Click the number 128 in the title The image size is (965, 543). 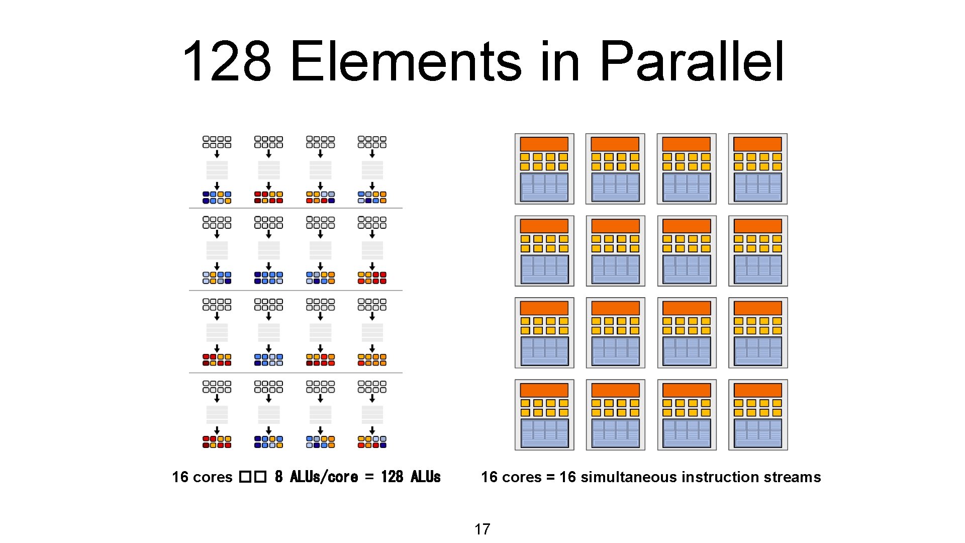coord(227,61)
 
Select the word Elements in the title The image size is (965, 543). coord(406,61)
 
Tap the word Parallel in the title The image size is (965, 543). coord(692,61)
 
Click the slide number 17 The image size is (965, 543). coord(482,529)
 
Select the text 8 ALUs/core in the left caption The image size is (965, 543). coord(316,477)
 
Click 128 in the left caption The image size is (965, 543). coord(392,477)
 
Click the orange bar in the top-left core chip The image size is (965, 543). coord(544,144)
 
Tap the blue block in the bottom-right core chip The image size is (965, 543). coord(757,433)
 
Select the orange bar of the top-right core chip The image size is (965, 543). coord(757,144)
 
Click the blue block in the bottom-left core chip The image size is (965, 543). coord(544,433)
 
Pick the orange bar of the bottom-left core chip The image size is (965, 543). coord(544,390)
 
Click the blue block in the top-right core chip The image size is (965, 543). coord(757,187)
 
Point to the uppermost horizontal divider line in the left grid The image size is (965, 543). coord(296,208)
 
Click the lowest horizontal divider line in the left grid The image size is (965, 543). coord(296,373)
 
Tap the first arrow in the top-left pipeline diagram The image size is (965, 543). coord(217,153)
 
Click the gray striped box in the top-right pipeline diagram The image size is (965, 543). coord(372,170)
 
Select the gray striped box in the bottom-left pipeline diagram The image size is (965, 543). coord(217,414)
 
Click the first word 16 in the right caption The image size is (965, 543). coord(489,477)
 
